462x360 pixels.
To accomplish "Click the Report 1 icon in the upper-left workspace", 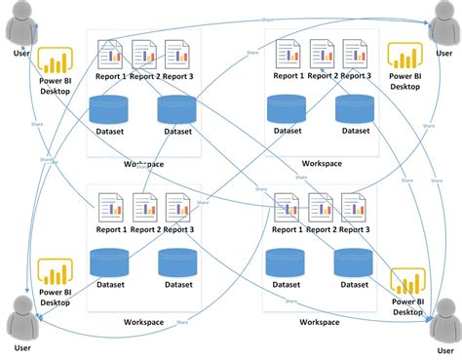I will coord(110,54).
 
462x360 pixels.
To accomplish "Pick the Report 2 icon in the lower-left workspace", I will coord(144,208).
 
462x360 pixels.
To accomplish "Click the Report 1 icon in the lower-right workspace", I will coord(288,208).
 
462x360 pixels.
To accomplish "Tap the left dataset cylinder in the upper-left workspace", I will coord(109,108).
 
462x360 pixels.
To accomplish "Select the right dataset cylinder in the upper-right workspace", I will coord(354,108).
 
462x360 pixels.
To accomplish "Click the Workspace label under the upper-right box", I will coord(321,163).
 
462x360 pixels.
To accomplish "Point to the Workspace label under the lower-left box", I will coord(144,321).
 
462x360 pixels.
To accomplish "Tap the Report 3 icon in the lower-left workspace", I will coord(177,208).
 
